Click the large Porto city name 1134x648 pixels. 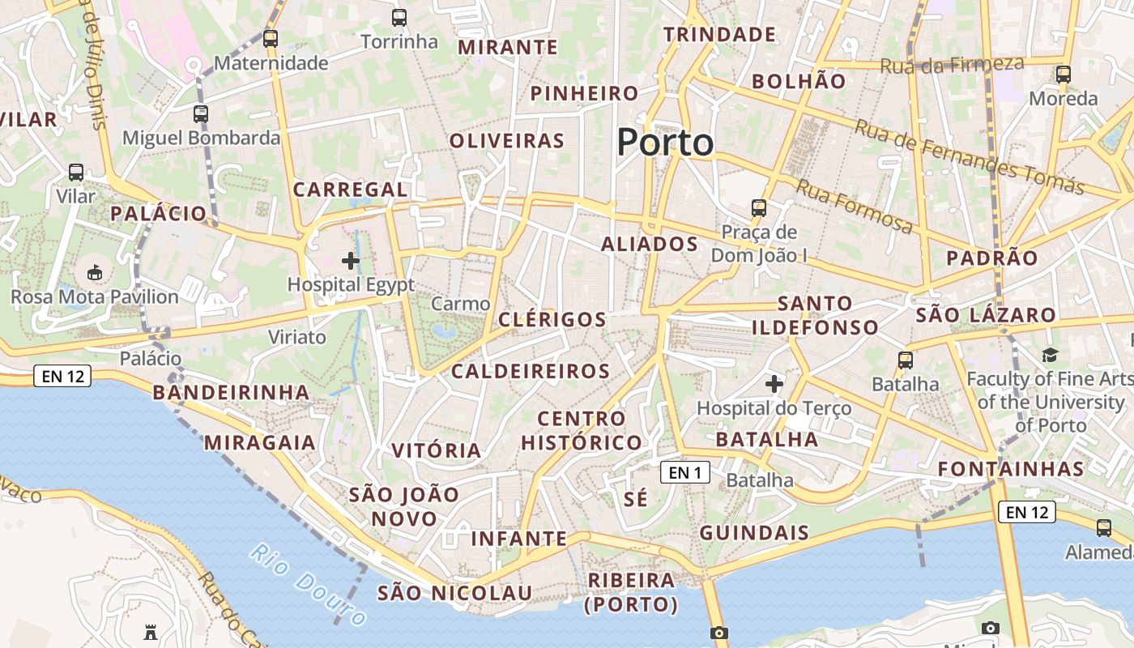point(665,143)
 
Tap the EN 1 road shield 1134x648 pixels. point(685,472)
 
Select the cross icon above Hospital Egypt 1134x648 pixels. point(351,260)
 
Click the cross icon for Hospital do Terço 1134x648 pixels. point(774,383)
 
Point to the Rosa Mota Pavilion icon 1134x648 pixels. point(95,272)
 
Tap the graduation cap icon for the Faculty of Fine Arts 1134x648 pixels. point(1050,355)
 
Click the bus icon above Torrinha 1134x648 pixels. point(399,17)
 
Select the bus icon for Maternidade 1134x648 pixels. point(271,38)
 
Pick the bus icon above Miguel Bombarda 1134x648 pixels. point(201,113)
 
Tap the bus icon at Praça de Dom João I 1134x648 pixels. point(759,207)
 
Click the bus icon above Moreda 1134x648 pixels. point(1064,75)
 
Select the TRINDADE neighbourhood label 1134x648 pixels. point(719,35)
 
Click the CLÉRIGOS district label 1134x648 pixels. point(552,319)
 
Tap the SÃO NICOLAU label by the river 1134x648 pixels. point(454,593)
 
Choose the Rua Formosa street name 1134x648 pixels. point(855,206)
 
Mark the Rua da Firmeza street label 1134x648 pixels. point(952,64)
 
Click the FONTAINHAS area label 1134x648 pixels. point(1011,469)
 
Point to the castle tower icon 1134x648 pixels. point(151,631)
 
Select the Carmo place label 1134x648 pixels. point(460,304)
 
